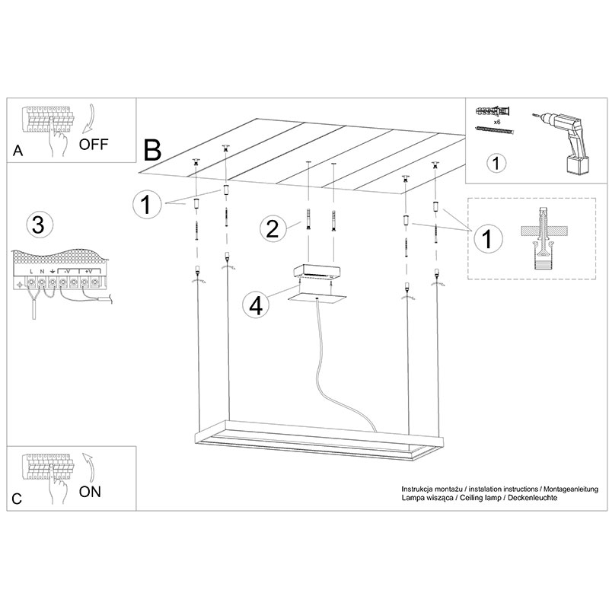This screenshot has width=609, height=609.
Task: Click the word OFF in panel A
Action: (93, 145)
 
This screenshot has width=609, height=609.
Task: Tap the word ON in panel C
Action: (90, 492)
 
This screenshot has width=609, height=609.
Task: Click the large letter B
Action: (152, 150)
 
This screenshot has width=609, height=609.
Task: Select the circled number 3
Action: (39, 225)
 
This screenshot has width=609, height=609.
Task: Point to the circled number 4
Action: (257, 305)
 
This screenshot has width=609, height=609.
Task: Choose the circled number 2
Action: (273, 229)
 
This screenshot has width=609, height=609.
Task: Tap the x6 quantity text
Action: (497, 122)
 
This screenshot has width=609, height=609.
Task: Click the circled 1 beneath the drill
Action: (496, 163)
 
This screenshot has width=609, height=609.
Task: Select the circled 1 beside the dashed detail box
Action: (488, 238)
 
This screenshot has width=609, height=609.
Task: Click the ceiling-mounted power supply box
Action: (317, 272)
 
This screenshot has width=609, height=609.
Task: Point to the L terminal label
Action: (31, 272)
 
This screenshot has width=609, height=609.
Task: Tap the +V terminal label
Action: (88, 272)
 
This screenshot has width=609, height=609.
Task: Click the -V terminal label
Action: (66, 272)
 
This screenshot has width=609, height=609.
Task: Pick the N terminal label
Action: (42, 272)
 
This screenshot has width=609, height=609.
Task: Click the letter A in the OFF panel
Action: (18, 151)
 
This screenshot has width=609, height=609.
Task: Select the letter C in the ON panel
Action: (17, 499)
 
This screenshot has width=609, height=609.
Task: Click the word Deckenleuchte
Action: (532, 498)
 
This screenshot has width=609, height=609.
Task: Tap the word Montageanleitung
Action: (570, 489)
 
